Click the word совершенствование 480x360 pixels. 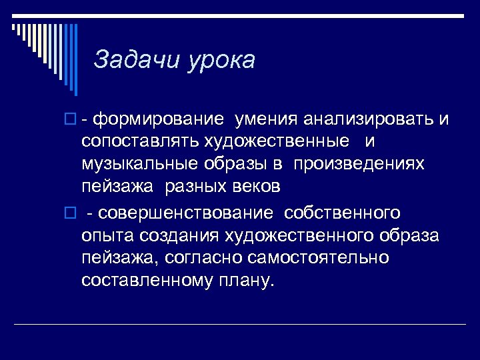click(x=185, y=213)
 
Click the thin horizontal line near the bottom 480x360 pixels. click(x=240, y=325)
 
